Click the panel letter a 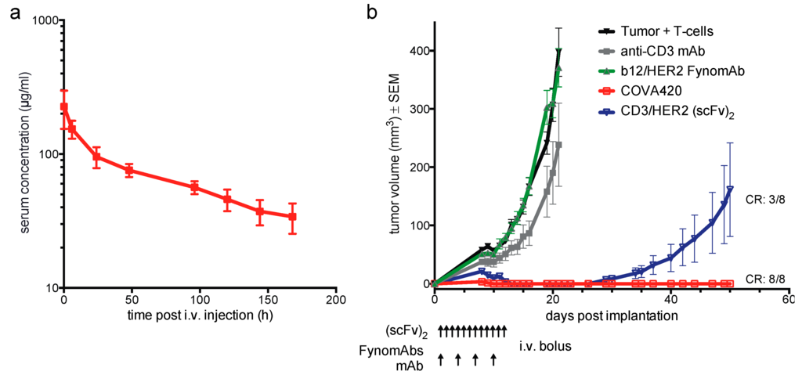(x=10, y=13)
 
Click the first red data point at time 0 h (x=64, y=106)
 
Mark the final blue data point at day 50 (x=729, y=189)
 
